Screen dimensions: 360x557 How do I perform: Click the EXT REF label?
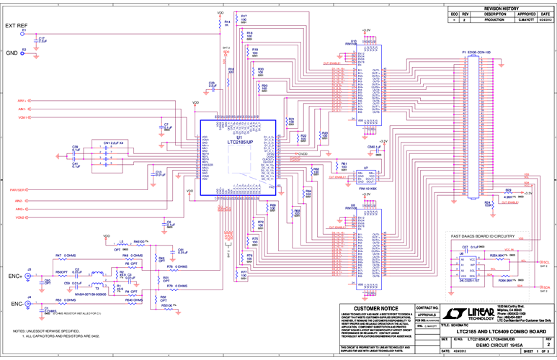(17, 25)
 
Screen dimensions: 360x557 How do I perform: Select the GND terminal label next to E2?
(12, 53)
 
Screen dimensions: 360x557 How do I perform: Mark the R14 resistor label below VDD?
(227, 22)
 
